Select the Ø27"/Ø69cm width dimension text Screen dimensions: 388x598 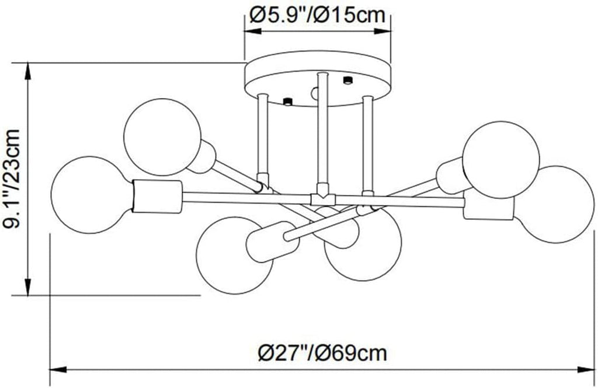coord(322,352)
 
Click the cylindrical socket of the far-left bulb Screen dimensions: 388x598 coord(157,196)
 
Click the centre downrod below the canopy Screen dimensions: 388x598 coord(322,131)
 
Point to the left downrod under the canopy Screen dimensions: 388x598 coord(262,137)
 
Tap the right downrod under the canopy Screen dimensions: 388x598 coord(367,143)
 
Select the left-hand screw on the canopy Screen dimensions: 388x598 coord(287,102)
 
